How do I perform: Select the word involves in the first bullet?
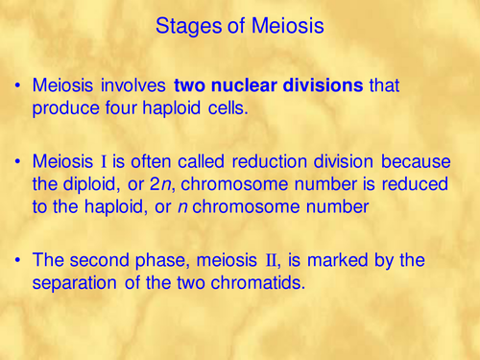point(134,86)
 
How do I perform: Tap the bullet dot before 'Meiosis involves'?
point(19,86)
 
